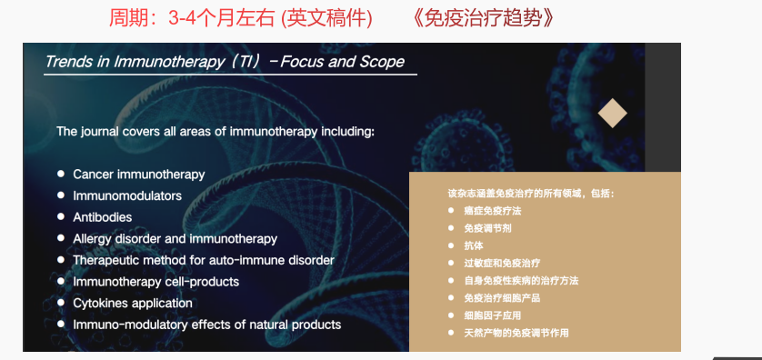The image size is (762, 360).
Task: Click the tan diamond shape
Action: pos(612,114)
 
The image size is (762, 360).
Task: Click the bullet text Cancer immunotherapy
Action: pos(139,175)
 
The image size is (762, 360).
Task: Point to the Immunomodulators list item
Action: pos(127,195)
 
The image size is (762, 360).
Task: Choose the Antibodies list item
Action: pos(103,217)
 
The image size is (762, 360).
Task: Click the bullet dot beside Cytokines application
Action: pos(61,302)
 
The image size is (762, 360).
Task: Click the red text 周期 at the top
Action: pos(124,18)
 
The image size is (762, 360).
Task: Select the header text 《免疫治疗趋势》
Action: pos(482,18)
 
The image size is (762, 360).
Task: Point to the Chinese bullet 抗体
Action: pos(474,245)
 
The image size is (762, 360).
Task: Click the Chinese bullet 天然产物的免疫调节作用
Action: pos(516,334)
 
